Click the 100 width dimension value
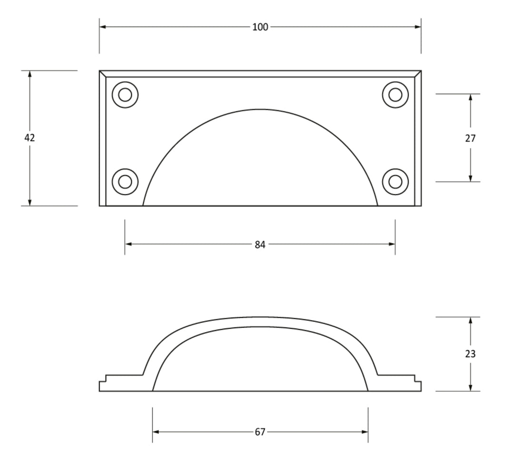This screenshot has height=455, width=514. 260,27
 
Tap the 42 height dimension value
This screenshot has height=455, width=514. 30,138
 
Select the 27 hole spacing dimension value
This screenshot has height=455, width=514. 470,139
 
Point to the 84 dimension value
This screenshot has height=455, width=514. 260,245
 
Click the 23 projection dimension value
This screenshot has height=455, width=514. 470,354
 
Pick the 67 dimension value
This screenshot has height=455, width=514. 260,432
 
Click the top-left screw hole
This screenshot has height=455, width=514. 125,95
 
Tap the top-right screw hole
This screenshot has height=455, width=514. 395,95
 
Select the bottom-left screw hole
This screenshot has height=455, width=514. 125,182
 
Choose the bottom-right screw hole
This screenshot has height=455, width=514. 395,182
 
